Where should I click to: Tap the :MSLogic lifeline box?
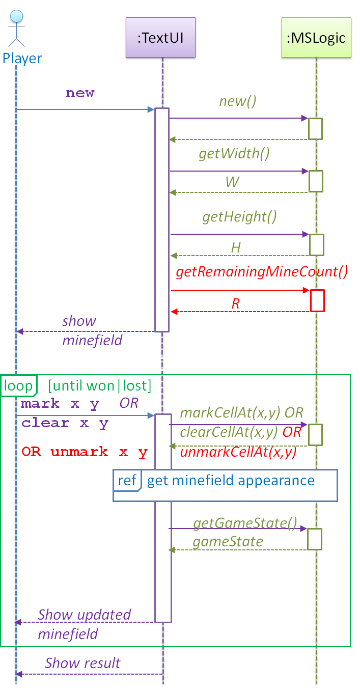point(316,37)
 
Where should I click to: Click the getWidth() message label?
point(234,154)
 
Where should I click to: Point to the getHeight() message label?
point(239,217)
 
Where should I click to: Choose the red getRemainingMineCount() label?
point(262,272)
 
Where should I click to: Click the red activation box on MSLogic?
point(317,300)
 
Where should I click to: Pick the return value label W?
point(232,182)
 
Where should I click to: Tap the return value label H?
point(236,247)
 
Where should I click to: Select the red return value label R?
point(235,304)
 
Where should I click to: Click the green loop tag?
point(18,386)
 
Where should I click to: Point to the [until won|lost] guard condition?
point(99,386)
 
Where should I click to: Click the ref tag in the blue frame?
point(126,481)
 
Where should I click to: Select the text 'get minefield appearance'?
point(231,481)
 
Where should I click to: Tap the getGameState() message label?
point(244,523)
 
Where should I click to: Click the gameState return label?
point(228,541)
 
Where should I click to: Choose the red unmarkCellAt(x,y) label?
point(238,452)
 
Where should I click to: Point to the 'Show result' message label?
point(82,663)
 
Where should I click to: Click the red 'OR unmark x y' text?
point(85,452)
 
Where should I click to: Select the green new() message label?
point(238,101)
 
